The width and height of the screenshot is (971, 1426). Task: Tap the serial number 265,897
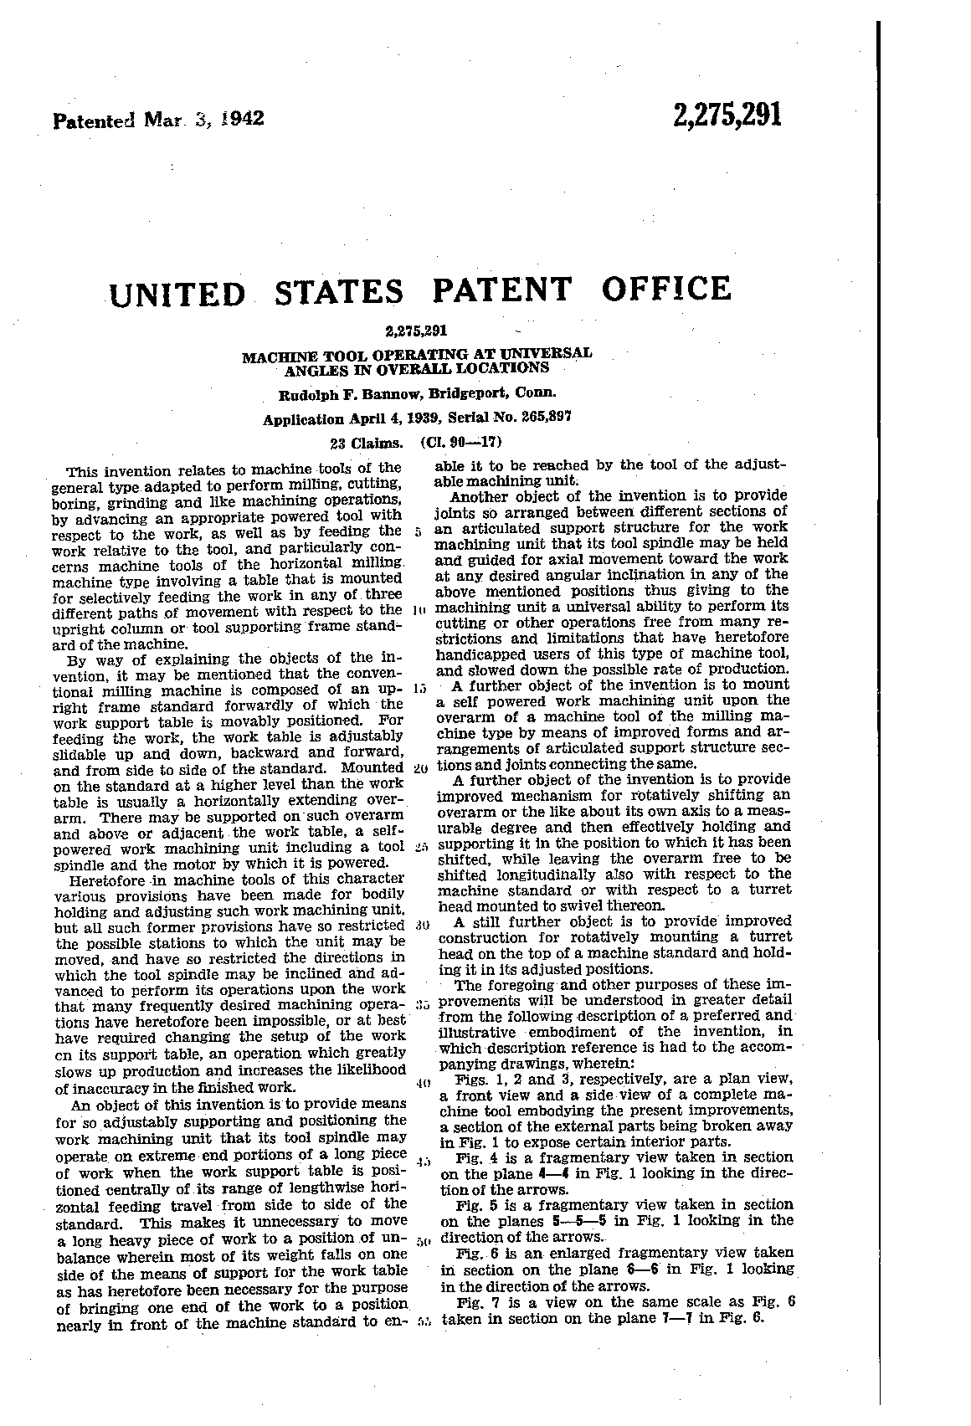point(539,419)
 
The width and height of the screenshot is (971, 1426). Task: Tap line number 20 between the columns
point(420,768)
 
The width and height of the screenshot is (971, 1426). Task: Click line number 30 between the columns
point(420,926)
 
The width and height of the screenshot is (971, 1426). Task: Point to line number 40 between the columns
point(420,1084)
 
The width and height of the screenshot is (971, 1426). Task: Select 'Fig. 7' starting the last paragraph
point(475,1302)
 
